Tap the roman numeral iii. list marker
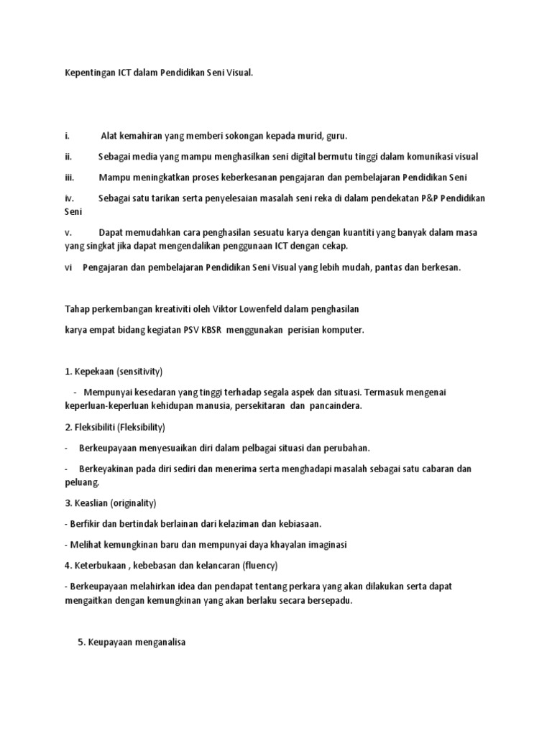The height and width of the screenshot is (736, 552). [x=69, y=177]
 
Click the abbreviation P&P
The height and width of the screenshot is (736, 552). [x=431, y=198]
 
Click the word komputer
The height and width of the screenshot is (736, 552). [x=342, y=330]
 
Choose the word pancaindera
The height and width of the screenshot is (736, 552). [x=336, y=406]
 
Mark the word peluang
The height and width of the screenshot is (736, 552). [x=81, y=482]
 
